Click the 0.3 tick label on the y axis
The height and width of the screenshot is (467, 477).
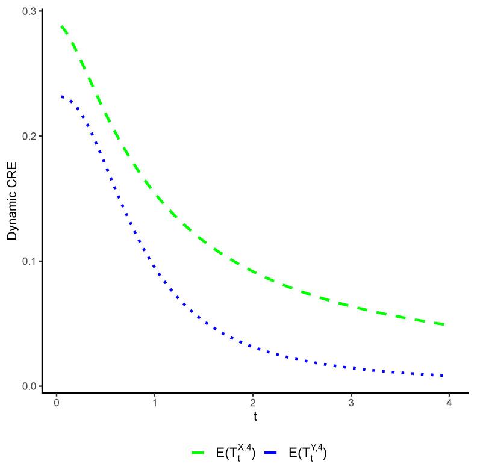pyautogui.click(x=30, y=11)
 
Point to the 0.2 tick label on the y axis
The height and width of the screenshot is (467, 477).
pyautogui.click(x=30, y=136)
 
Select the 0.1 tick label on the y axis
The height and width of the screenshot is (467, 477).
pyautogui.click(x=30, y=261)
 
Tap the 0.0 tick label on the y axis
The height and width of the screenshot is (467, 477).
pyautogui.click(x=30, y=386)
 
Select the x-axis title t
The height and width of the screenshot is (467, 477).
pyautogui.click(x=255, y=416)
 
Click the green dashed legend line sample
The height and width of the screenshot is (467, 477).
pyautogui.click(x=199, y=452)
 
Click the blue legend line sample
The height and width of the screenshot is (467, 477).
pyautogui.click(x=272, y=452)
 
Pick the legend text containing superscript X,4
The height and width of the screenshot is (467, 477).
pyautogui.click(x=235, y=452)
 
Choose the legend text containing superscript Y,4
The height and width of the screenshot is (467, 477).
pyautogui.click(x=308, y=452)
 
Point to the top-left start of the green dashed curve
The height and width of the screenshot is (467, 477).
pyautogui.click(x=61, y=26)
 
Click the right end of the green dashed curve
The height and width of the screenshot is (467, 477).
pyautogui.click(x=444, y=324)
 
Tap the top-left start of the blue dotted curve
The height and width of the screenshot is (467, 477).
pyautogui.click(x=62, y=96)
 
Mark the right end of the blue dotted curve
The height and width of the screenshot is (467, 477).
pyautogui.click(x=443, y=376)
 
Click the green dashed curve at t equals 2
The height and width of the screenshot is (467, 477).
pyautogui.click(x=252, y=271)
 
